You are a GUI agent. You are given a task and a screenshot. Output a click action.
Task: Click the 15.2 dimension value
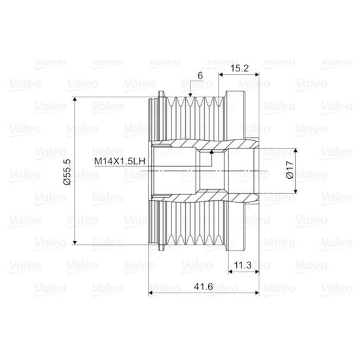tap(240, 68)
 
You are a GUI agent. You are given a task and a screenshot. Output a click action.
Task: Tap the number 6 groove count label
tap(200, 75)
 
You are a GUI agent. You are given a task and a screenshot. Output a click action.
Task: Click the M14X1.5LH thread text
tap(120, 161)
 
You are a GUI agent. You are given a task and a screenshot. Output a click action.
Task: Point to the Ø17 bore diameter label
tap(290, 170)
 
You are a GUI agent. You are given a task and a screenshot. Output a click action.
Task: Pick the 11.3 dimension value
tap(243, 265)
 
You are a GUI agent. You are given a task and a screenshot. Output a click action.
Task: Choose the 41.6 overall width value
tap(204, 287)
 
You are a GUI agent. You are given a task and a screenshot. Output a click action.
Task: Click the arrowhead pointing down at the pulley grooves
tap(190, 95)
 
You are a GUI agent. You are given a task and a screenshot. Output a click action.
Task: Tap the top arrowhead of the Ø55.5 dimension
tap(75, 99)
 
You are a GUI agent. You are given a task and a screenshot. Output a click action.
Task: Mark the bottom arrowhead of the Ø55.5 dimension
tap(75, 242)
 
